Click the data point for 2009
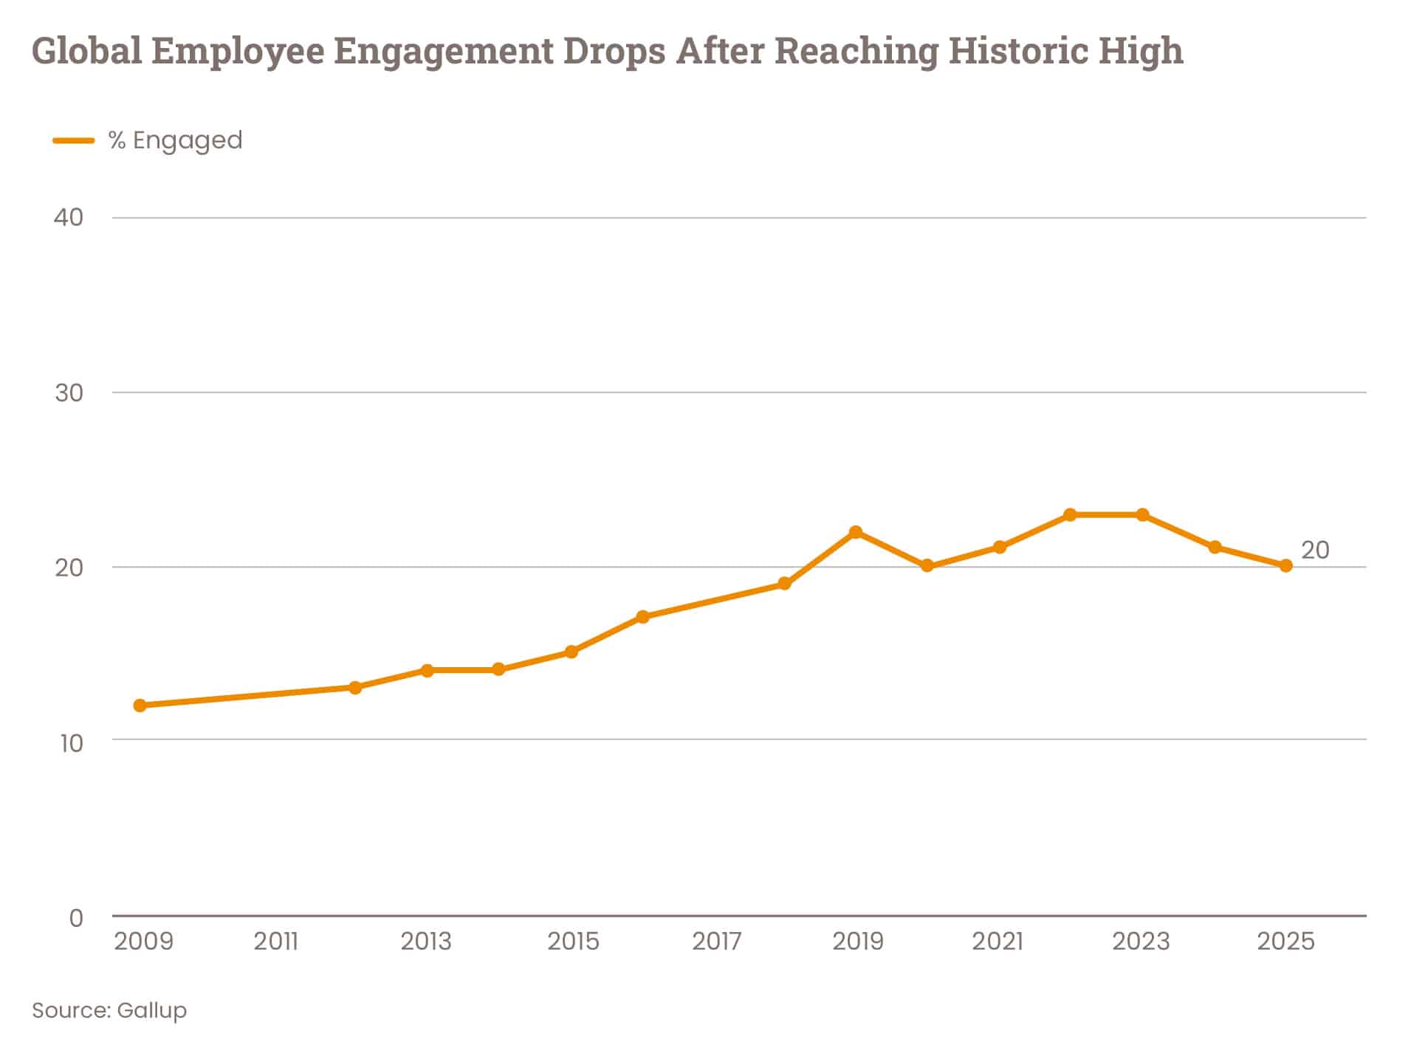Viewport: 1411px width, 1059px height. [x=140, y=706]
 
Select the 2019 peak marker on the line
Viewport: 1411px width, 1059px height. [x=856, y=532]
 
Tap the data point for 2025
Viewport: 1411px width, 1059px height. [x=1285, y=566]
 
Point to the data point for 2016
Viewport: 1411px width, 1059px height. [x=642, y=617]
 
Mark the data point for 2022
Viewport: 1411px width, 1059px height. [x=1070, y=514]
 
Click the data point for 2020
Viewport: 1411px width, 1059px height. [x=927, y=566]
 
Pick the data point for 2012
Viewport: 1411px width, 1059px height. [x=355, y=688]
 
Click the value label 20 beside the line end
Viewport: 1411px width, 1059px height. [x=1314, y=551]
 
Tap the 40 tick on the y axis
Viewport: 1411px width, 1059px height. [x=69, y=218]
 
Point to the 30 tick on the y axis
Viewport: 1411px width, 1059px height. [x=69, y=393]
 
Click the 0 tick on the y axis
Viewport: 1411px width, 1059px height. [x=76, y=918]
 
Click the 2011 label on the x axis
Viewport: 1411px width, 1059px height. [x=276, y=942]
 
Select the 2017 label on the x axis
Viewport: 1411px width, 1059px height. [x=716, y=942]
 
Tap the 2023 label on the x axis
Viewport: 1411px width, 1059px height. [x=1141, y=942]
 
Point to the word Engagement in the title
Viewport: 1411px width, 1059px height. [x=442, y=51]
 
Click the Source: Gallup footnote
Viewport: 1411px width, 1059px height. [x=109, y=1010]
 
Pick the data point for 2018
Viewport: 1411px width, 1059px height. [x=784, y=584]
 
